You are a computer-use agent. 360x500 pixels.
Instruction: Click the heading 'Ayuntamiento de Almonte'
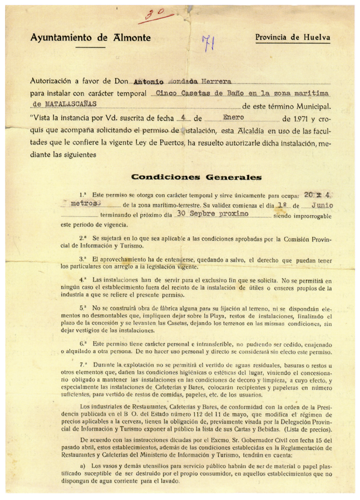(90, 38)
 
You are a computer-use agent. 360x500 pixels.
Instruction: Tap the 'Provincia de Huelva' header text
(293, 38)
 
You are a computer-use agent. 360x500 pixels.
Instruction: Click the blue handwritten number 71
(208, 43)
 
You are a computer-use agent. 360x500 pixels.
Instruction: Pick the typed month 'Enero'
(233, 118)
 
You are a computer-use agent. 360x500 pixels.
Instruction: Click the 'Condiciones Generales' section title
(195, 178)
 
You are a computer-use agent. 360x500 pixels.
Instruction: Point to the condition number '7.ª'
(84, 364)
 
